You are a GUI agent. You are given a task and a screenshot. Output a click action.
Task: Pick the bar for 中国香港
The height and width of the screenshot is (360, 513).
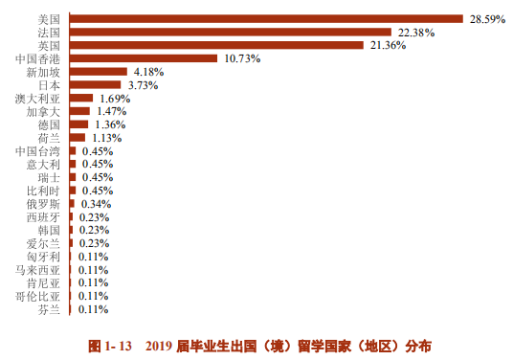[144, 58]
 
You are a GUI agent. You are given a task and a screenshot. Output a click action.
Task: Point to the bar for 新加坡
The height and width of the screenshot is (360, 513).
[98, 72]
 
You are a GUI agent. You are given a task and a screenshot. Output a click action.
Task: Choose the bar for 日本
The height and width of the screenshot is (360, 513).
[96, 84]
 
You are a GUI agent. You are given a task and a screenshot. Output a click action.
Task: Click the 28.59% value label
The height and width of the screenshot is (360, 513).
[486, 18]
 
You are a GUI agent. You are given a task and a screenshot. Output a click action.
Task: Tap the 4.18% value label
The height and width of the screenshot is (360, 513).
[149, 72]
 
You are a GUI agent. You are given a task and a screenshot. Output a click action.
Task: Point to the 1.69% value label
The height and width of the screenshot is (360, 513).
[115, 98]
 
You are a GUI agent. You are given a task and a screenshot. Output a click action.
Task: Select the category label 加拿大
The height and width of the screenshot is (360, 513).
[44, 111]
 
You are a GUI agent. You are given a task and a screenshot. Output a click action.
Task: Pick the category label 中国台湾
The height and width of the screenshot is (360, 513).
[38, 151]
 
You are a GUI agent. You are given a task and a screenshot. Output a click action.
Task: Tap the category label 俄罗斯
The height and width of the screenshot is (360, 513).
[44, 204]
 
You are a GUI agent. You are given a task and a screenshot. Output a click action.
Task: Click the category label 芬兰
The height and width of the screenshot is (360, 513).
[50, 309]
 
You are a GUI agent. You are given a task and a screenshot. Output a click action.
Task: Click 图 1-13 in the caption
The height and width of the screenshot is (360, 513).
[109, 344]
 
